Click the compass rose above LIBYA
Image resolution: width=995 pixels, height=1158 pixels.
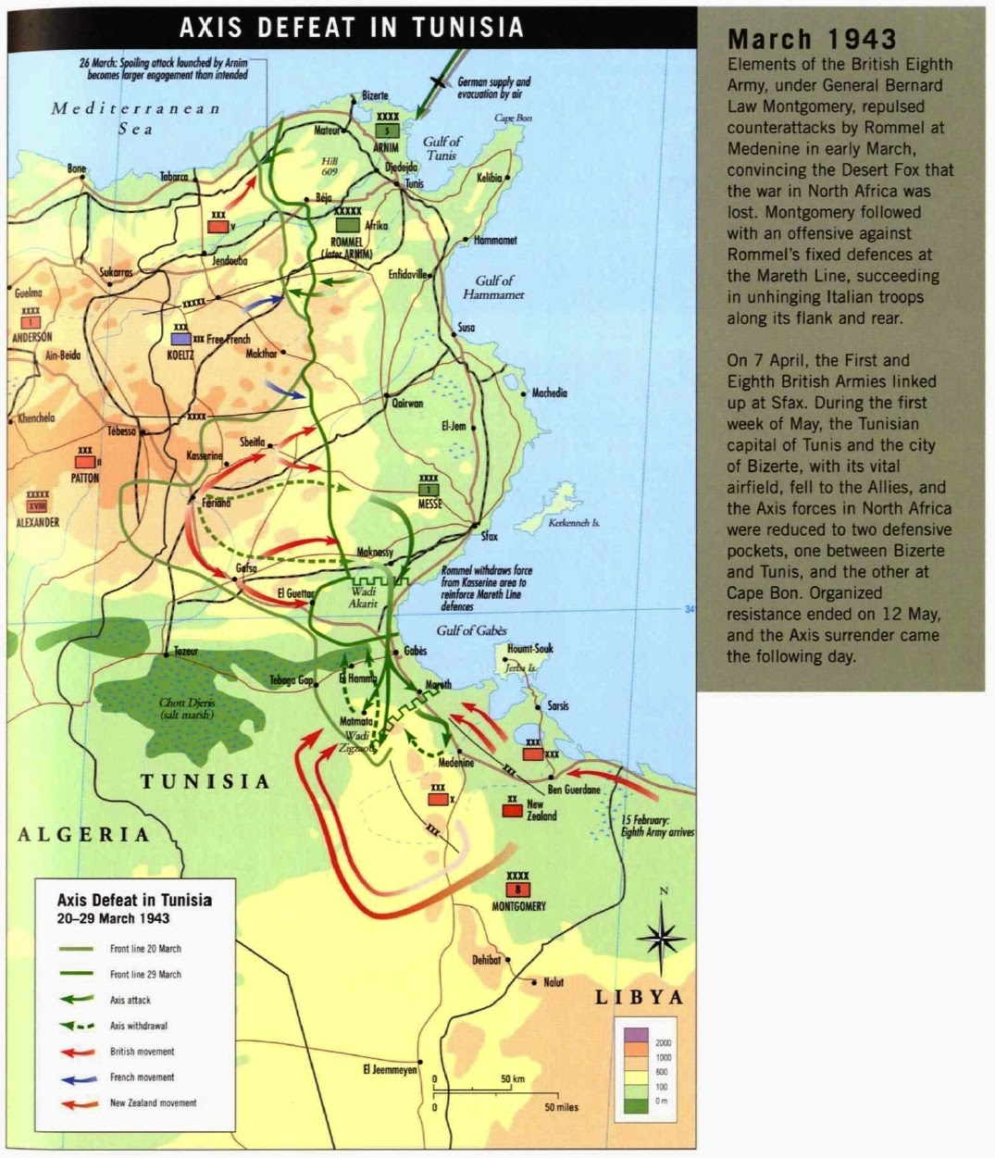pyautogui.click(x=661, y=937)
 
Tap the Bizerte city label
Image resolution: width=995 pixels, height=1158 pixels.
pyautogui.click(x=375, y=96)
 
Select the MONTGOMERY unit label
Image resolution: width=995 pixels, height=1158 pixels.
pyautogui.click(x=518, y=906)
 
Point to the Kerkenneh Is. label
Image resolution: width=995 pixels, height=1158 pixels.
pyautogui.click(x=574, y=523)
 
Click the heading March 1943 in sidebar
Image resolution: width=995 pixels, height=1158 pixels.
pyautogui.click(x=812, y=40)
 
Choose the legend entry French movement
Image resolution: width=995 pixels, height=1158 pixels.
pyautogui.click(x=142, y=1077)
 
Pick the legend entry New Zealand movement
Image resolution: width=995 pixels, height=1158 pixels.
pyautogui.click(x=153, y=1103)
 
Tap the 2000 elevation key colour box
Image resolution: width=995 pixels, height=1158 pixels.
pyautogui.click(x=635, y=1035)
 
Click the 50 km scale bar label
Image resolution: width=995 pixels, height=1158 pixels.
pyautogui.click(x=512, y=1079)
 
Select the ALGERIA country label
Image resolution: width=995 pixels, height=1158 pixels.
pyautogui.click(x=83, y=834)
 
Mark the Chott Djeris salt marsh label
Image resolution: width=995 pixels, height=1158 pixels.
pyautogui.click(x=186, y=709)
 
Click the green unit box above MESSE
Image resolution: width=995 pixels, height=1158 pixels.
pyautogui.click(x=429, y=490)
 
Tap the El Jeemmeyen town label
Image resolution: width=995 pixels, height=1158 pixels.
pyautogui.click(x=389, y=1070)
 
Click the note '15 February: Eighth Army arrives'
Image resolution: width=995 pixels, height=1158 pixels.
pyautogui.click(x=657, y=827)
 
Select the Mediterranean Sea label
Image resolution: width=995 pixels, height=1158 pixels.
pyautogui.click(x=136, y=118)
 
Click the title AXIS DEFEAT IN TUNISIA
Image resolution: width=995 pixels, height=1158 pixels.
pyautogui.click(x=352, y=27)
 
